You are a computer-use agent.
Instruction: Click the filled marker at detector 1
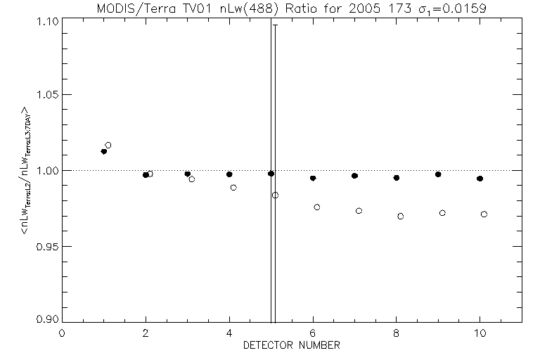(x=104, y=151)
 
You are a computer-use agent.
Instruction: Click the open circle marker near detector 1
(x=108, y=146)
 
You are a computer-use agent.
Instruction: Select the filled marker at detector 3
(x=188, y=174)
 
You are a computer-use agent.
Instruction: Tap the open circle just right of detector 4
(x=233, y=188)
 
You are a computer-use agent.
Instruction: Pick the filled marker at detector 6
(x=313, y=179)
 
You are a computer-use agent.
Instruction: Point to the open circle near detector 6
(x=317, y=207)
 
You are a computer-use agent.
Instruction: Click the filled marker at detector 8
(x=397, y=178)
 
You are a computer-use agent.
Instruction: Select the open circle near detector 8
(x=401, y=217)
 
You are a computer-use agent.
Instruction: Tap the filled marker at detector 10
(x=480, y=179)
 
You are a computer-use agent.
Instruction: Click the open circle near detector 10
(x=484, y=214)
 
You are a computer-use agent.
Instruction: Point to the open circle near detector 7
(x=359, y=211)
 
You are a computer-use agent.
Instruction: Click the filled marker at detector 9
(x=438, y=174)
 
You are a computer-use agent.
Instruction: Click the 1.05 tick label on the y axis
(x=41, y=95)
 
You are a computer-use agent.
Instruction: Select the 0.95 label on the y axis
(x=41, y=247)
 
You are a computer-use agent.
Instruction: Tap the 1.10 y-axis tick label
(x=41, y=21)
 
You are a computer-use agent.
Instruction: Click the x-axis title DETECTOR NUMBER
(x=292, y=346)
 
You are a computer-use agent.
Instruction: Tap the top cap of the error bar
(x=275, y=25)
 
